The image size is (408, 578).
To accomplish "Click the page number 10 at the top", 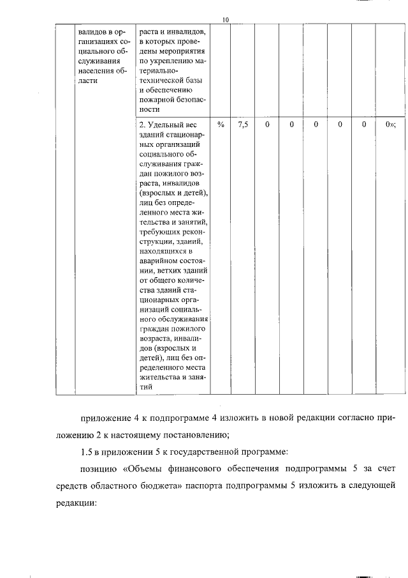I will [225, 20].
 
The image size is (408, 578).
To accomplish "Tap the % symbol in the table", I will [221, 125].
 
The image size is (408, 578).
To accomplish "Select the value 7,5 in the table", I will [243, 125].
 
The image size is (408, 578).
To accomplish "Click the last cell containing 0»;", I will [390, 125].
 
